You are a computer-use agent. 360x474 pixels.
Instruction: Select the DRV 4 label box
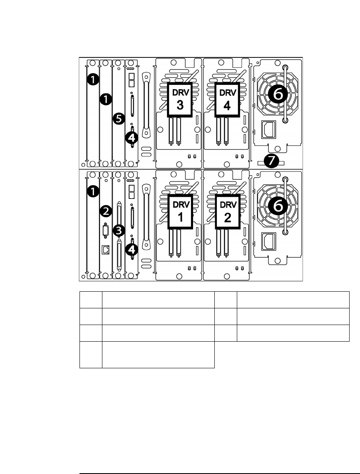pos(227,99)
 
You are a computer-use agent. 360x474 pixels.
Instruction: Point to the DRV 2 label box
pos(227,212)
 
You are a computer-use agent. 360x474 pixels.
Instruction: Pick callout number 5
pos(119,119)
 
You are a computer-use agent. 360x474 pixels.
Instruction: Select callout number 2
pos(106,211)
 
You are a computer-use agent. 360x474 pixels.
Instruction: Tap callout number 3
pos(119,229)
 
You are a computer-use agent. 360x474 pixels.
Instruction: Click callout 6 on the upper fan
pos(278,95)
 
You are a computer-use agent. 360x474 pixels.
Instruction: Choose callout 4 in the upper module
pos(132,137)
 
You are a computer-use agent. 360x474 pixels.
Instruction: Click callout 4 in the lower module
pos(132,249)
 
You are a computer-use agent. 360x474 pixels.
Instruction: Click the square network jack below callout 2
pos(106,249)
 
